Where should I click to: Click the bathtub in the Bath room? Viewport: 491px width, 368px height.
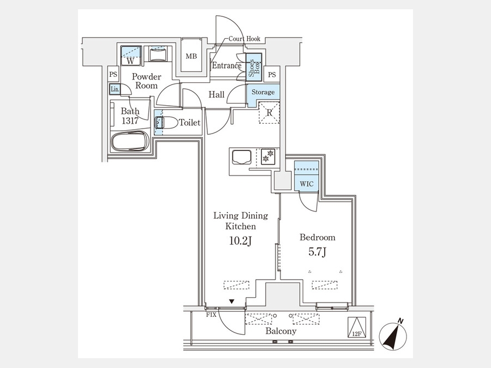(130, 141)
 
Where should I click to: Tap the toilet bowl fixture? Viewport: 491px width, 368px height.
(166, 122)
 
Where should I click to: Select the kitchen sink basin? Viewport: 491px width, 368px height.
(242, 157)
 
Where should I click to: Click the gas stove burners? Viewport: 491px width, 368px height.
(268, 156)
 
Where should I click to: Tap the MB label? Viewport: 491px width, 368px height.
(191, 56)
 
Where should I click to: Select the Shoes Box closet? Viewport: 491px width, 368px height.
(254, 67)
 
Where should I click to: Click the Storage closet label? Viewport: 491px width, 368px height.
(263, 92)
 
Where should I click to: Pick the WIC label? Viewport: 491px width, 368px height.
(307, 184)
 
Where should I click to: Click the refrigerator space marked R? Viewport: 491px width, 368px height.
(270, 113)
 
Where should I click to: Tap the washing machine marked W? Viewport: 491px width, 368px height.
(131, 56)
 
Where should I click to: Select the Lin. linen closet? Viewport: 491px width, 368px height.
(115, 89)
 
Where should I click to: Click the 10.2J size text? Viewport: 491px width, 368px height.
(241, 241)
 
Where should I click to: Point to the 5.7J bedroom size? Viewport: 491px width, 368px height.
(318, 252)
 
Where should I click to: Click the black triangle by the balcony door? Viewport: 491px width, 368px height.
(231, 301)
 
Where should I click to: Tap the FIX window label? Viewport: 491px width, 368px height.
(211, 315)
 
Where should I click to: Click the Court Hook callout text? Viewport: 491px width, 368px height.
(244, 39)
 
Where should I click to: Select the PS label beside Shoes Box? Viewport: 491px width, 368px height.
(272, 75)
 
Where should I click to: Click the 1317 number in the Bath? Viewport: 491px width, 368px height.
(130, 121)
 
